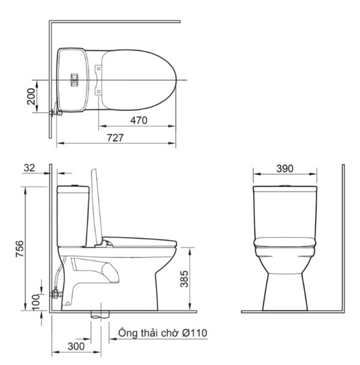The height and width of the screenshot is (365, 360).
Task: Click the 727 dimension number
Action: pos(115,138)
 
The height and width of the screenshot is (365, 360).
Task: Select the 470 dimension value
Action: pos(139,120)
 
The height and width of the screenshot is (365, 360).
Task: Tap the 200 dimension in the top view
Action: pos(31,97)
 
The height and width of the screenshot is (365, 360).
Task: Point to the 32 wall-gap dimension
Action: pos(29,168)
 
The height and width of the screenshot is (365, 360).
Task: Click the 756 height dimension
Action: pos(20,249)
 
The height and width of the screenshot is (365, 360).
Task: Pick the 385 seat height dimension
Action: pos(184,279)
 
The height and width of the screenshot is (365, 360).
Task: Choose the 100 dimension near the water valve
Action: pos(36,303)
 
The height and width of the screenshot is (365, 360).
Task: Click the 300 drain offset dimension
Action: pos(76,346)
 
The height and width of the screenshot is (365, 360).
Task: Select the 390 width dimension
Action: pos(285,169)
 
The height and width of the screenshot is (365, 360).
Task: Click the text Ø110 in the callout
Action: pos(194,333)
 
